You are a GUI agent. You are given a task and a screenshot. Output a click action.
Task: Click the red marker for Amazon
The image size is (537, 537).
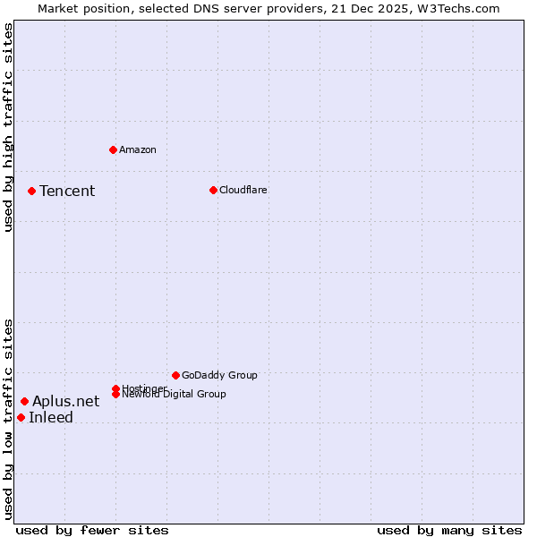113,149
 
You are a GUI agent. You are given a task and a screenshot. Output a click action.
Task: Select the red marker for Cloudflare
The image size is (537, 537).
213,190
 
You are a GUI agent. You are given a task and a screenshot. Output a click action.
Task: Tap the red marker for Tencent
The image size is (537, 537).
31,191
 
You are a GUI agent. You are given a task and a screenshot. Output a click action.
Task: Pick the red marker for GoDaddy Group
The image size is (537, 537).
175,375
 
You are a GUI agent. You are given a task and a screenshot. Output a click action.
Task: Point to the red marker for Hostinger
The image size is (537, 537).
115,388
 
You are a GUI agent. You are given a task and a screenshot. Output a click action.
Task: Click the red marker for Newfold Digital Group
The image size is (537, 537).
115,394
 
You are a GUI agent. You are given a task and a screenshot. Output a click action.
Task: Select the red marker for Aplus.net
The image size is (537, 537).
24,401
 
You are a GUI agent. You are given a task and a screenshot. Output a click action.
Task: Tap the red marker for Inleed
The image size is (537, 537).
21,417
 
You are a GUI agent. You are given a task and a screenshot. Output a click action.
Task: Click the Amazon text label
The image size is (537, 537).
138,149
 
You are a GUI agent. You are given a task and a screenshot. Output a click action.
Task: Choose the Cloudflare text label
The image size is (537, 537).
243,190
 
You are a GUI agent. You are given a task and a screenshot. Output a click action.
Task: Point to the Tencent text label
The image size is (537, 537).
67,191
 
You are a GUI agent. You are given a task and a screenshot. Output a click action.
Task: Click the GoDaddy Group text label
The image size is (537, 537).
219,375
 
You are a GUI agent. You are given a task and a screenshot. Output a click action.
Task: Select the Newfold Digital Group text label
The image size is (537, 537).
175,395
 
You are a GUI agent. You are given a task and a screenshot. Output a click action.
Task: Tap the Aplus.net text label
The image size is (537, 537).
65,401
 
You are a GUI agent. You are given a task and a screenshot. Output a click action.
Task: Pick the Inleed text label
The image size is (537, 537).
51,417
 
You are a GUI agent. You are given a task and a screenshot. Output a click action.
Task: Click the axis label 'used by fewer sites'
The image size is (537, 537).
92,530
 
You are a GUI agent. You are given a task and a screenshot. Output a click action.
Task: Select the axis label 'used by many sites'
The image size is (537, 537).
449,530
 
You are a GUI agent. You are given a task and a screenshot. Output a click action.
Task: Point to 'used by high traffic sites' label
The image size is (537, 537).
8,127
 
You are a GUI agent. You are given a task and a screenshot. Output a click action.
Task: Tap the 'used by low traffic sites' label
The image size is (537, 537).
8,418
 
